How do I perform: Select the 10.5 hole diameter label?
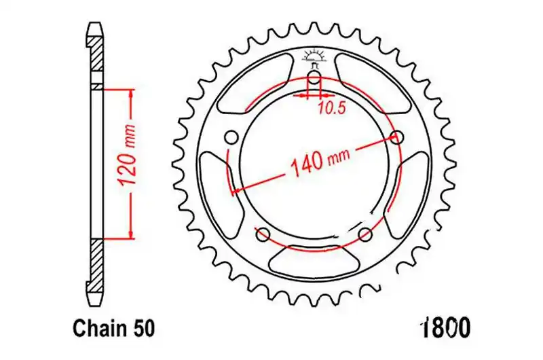click(x=332, y=109)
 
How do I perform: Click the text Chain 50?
click(x=114, y=328)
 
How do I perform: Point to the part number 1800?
click(x=445, y=327)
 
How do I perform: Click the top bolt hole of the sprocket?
click(x=314, y=77)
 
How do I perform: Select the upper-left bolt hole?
click(x=231, y=137)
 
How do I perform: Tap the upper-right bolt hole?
click(x=396, y=137)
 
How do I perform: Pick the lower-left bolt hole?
click(x=262, y=234)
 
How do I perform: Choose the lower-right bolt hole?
click(x=365, y=234)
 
